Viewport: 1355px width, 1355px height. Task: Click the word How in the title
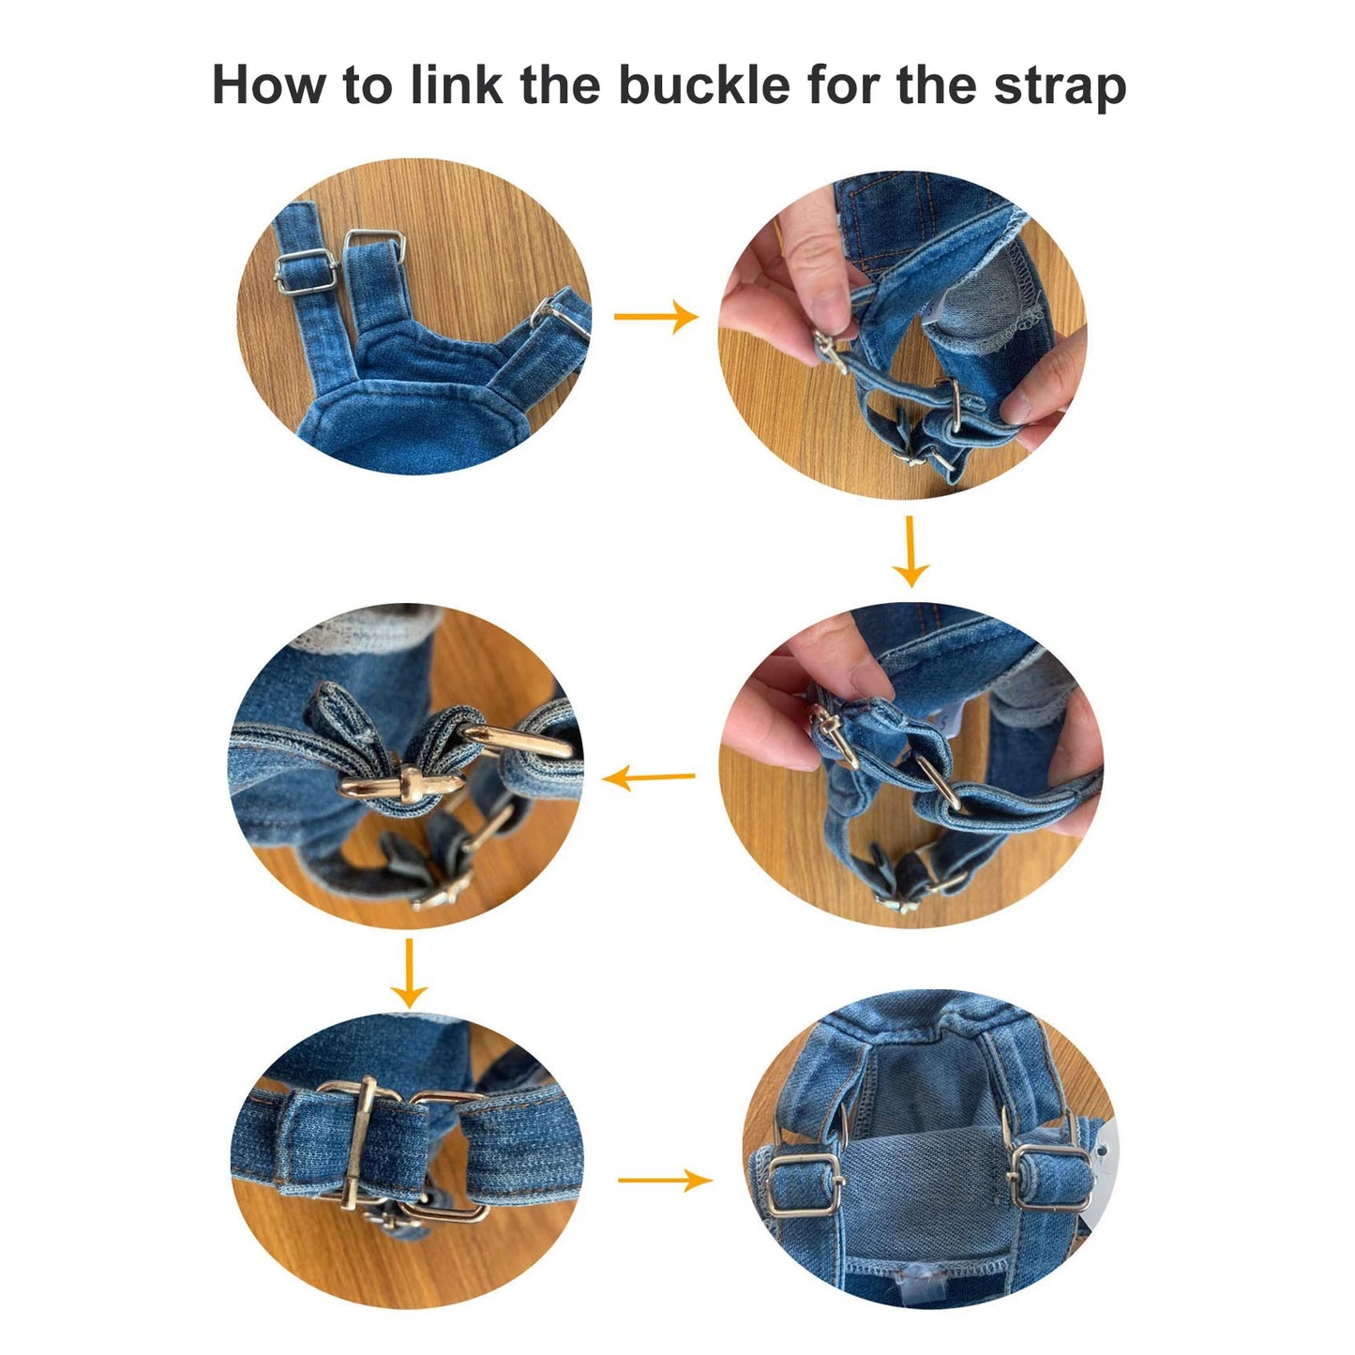click(x=269, y=85)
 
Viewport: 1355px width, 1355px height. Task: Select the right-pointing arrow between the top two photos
click(x=655, y=317)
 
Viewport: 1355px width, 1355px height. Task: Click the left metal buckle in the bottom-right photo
click(x=803, y=1183)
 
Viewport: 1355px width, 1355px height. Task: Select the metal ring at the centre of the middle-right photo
click(x=938, y=781)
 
